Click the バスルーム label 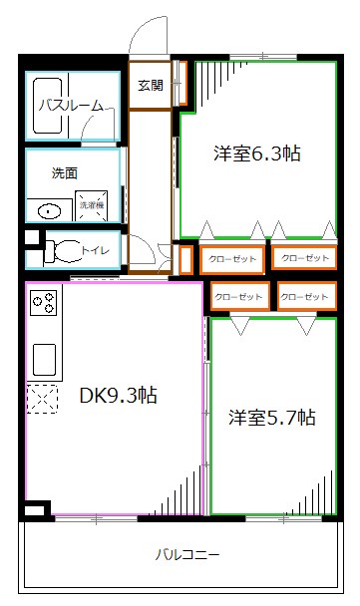click(x=71, y=105)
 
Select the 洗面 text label click(x=65, y=172)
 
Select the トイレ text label click(x=96, y=249)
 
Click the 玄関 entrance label click(x=150, y=85)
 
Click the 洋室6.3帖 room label click(x=257, y=154)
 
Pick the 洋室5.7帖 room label click(x=271, y=418)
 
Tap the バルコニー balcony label click(x=187, y=554)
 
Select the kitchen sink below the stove click(x=44, y=357)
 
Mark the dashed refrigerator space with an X click(x=43, y=401)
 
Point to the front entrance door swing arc click(x=150, y=35)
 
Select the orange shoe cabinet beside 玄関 click(x=181, y=83)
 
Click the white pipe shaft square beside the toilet click(x=31, y=238)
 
